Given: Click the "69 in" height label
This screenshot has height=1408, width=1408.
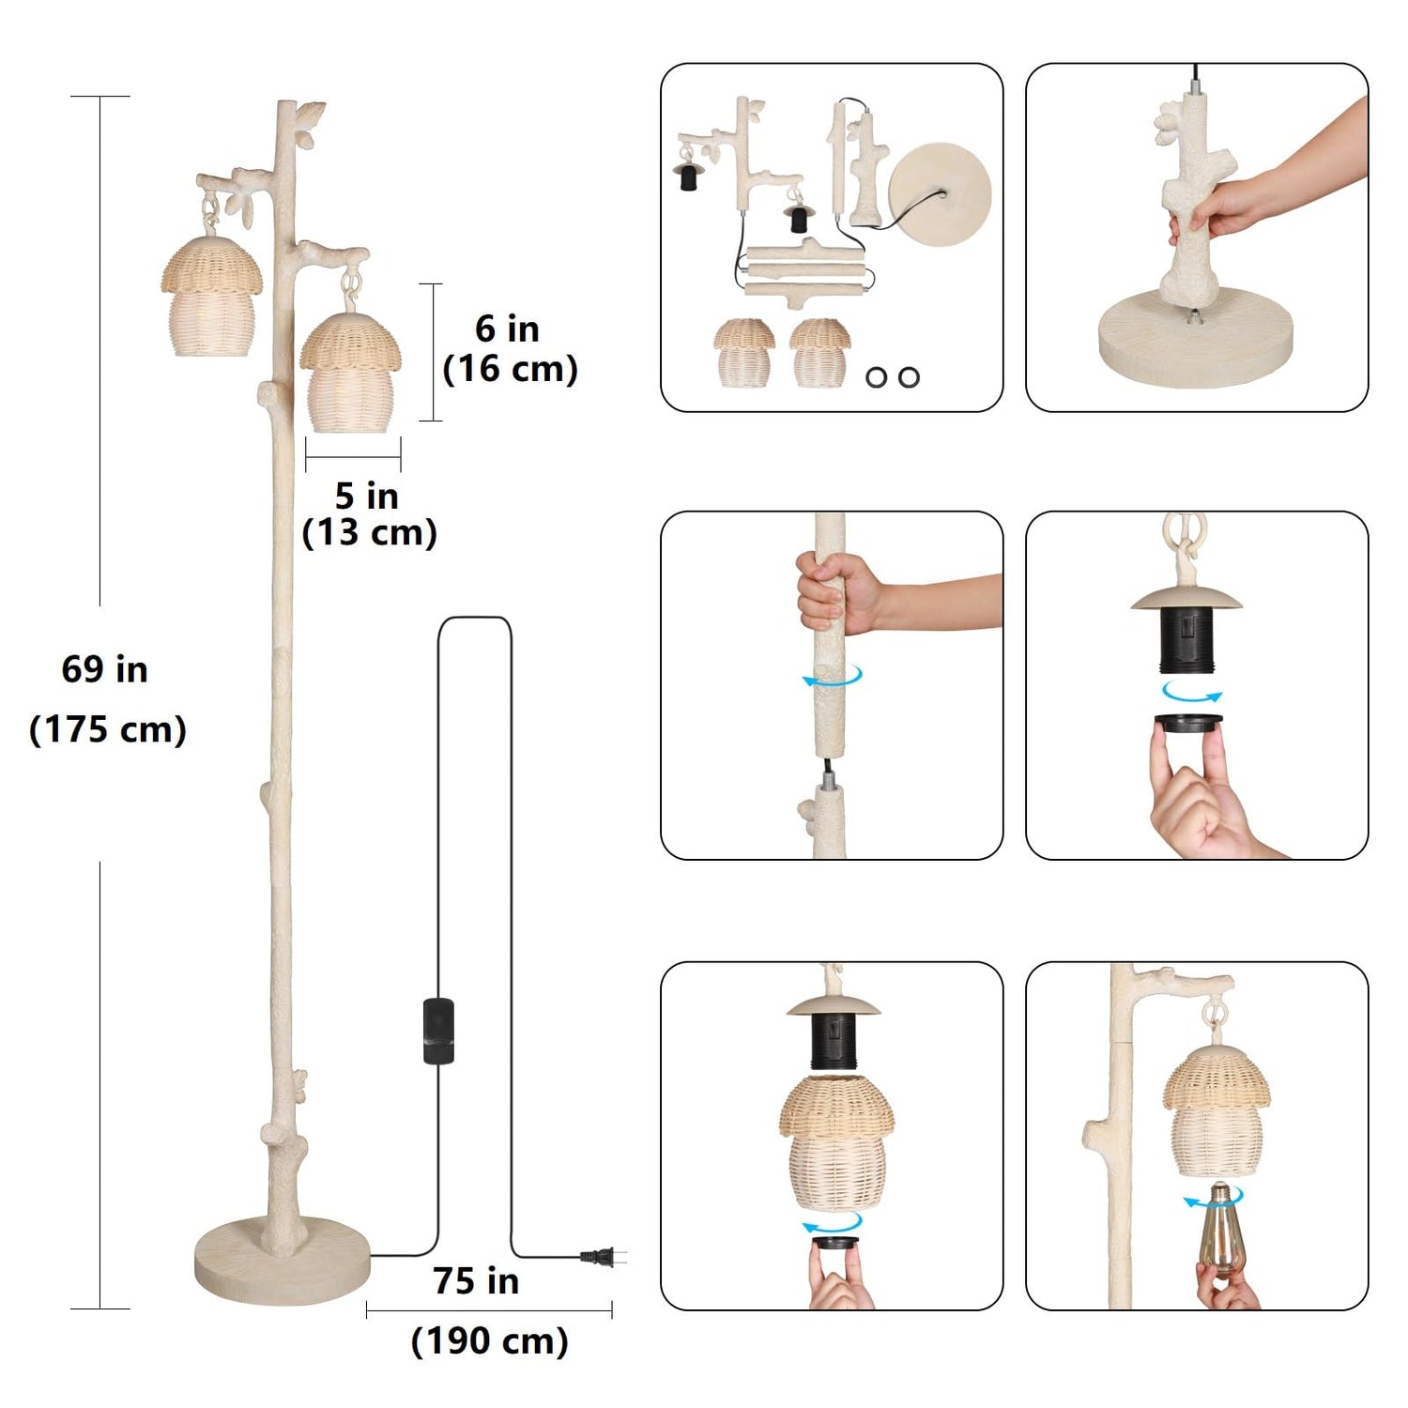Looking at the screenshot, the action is tap(104, 669).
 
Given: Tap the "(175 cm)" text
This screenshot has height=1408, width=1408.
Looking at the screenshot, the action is tap(108, 729).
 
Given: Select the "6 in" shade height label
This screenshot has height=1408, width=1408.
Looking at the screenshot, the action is tap(507, 329).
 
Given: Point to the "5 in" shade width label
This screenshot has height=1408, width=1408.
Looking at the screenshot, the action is tap(366, 495).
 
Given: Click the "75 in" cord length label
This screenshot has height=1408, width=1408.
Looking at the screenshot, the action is tap(476, 1280).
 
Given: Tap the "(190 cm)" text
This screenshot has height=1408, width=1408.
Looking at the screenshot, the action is tap(489, 1340).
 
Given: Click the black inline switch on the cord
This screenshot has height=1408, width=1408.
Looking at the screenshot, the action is tap(438, 1031).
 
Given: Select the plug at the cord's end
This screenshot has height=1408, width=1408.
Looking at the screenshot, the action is tap(601, 1257).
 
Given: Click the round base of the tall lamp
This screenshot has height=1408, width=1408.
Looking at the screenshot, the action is tap(283, 1258).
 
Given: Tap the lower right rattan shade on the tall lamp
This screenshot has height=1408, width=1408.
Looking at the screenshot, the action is tap(351, 373).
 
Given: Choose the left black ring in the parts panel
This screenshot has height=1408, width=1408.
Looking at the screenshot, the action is tap(877, 376).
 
